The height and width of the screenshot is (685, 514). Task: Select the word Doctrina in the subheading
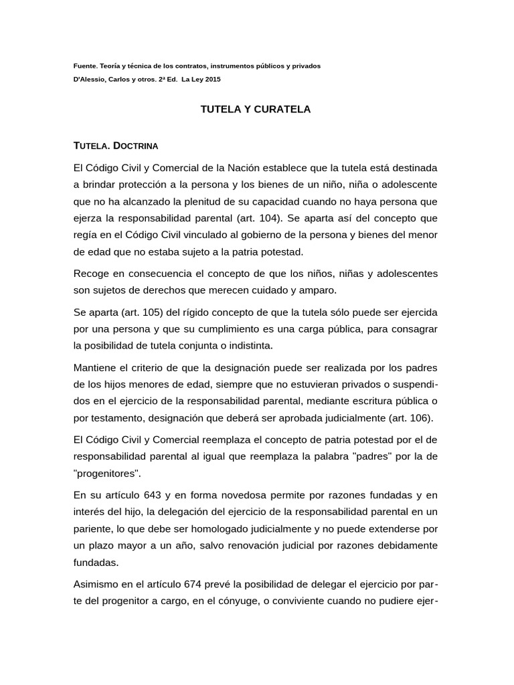click(136, 144)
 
